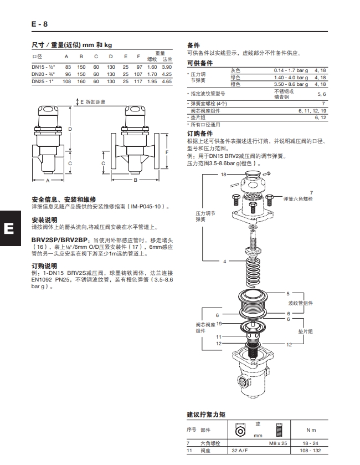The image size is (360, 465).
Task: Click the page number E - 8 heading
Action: pos(39,24)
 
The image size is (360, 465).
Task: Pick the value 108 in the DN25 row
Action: pos(67,81)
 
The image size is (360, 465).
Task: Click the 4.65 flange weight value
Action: pos(167,81)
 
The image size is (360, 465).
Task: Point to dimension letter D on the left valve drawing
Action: pos(70,129)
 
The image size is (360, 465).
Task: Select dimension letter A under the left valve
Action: pos(48,181)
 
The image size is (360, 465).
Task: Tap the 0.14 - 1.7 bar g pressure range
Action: pos(291,70)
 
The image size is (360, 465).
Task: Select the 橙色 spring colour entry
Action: pos(235,85)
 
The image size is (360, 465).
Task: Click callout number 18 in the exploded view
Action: pos(223,175)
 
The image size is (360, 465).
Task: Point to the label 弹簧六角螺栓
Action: pos(298,198)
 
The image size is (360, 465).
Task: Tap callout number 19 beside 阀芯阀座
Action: pos(219,323)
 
